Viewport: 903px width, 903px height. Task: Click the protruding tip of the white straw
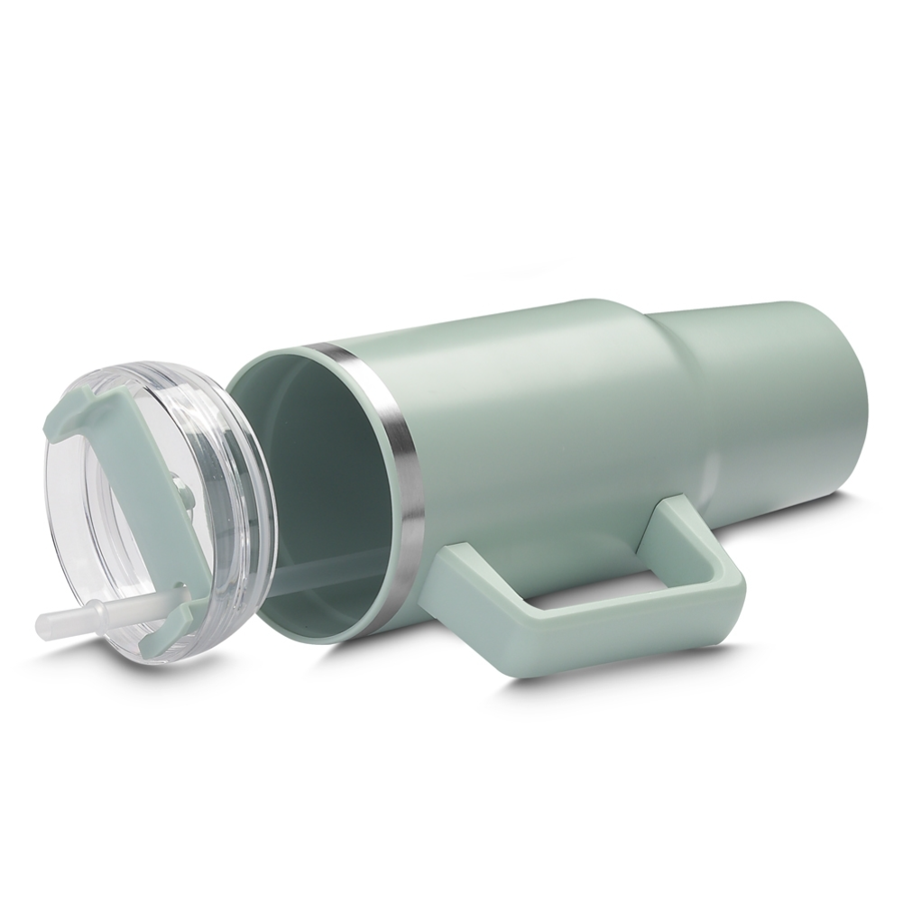pos(47,623)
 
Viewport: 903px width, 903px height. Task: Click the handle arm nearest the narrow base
pos(686,532)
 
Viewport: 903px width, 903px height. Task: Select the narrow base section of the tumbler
pos(785,397)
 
